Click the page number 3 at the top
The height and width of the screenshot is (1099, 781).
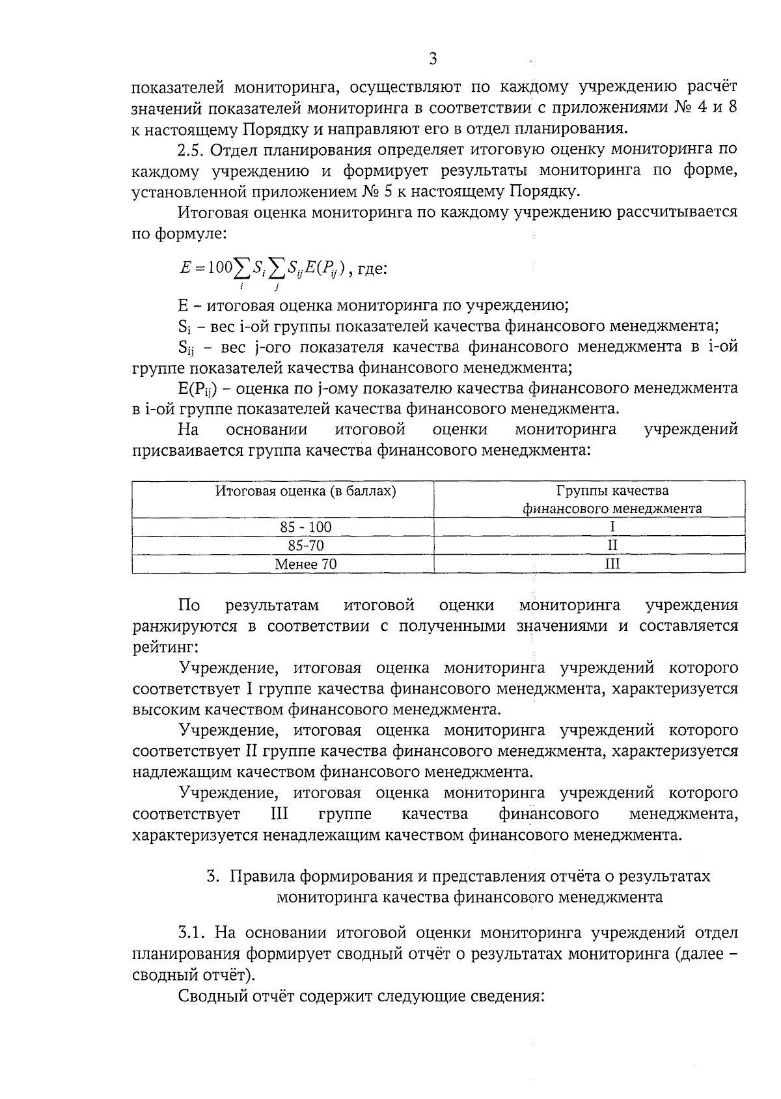[433, 59]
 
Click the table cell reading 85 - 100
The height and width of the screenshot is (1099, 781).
[306, 527]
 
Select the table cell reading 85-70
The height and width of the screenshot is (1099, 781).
[306, 545]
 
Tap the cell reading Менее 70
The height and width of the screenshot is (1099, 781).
[306, 564]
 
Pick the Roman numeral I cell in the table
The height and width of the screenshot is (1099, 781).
[612, 527]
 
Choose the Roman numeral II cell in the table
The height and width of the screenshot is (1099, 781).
[612, 545]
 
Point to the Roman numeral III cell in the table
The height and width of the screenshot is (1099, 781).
[612, 564]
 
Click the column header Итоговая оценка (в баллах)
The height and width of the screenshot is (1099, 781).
[306, 491]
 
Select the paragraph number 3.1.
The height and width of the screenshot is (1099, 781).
[192, 932]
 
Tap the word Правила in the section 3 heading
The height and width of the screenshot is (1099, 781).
[258, 876]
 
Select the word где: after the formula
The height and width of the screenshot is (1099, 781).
[372, 268]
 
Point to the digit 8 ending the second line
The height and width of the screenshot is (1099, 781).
[732, 107]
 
